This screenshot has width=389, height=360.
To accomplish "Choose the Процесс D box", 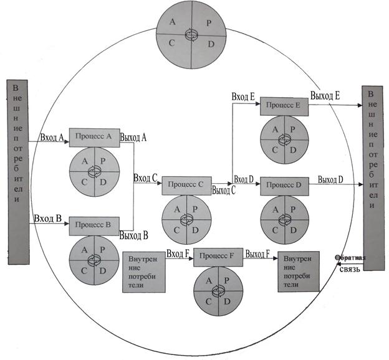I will pos(284,186).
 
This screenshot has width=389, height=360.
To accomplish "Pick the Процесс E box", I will pos(284,106).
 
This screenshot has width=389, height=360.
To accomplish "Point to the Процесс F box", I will pos(219,257).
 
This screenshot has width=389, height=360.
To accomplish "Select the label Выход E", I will pos(325,96).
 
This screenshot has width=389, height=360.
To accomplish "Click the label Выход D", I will pos(330,179).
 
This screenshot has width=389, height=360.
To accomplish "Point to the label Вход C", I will pos(145,178).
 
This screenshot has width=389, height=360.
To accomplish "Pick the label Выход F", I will pos(257,254).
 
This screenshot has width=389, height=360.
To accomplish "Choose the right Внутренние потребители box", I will pos(298,271).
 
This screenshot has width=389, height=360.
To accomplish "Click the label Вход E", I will pos(243,97).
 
